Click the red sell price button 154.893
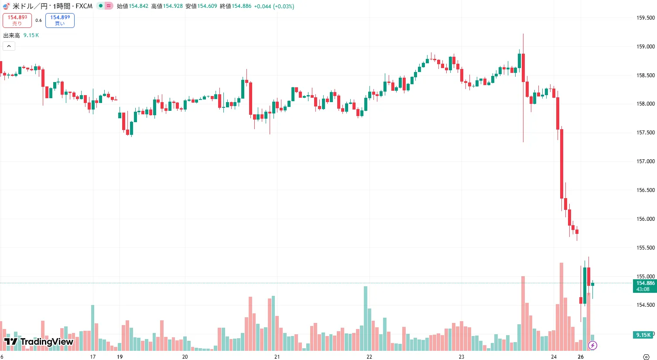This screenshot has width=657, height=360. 17,20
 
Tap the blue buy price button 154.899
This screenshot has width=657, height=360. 60,20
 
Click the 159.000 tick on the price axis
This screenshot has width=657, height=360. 645,47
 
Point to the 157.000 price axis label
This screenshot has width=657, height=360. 645,161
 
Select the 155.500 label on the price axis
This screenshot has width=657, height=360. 645,247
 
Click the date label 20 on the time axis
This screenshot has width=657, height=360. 185,357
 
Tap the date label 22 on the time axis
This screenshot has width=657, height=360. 370,357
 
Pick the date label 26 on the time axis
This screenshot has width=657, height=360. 581,357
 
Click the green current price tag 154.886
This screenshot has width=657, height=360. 645,286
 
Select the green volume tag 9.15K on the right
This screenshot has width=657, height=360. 643,335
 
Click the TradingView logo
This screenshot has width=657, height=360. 38,342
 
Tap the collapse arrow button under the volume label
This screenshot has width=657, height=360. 9,46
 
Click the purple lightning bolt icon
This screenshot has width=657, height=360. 592,346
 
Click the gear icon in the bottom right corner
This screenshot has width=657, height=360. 646,357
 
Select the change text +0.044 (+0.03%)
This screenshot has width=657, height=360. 274,6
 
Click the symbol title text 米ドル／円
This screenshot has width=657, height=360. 30,6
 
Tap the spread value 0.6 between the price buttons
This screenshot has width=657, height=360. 38,21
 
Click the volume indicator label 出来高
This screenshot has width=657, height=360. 12,35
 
